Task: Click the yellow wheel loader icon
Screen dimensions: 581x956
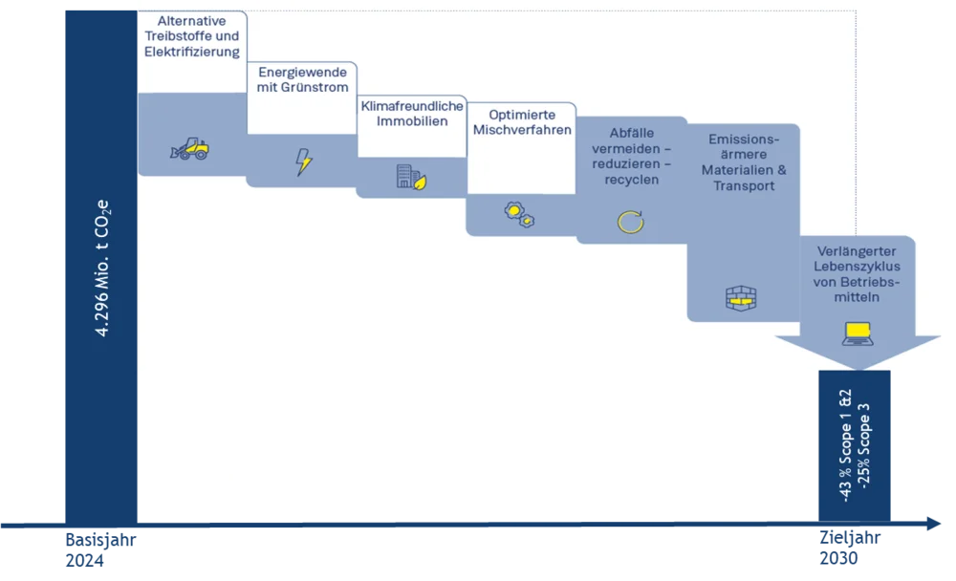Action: click(189, 148)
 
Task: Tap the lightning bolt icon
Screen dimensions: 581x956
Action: click(303, 161)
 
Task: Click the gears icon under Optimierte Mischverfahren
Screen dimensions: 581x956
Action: click(519, 214)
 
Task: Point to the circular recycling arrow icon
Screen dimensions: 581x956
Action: click(630, 223)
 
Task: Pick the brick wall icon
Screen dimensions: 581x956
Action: click(741, 298)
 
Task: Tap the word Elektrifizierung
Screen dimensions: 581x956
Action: click(192, 52)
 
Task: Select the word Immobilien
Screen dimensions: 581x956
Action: click(411, 121)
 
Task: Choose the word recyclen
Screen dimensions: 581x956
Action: click(632, 180)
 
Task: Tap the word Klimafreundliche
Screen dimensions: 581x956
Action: click(411, 106)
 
